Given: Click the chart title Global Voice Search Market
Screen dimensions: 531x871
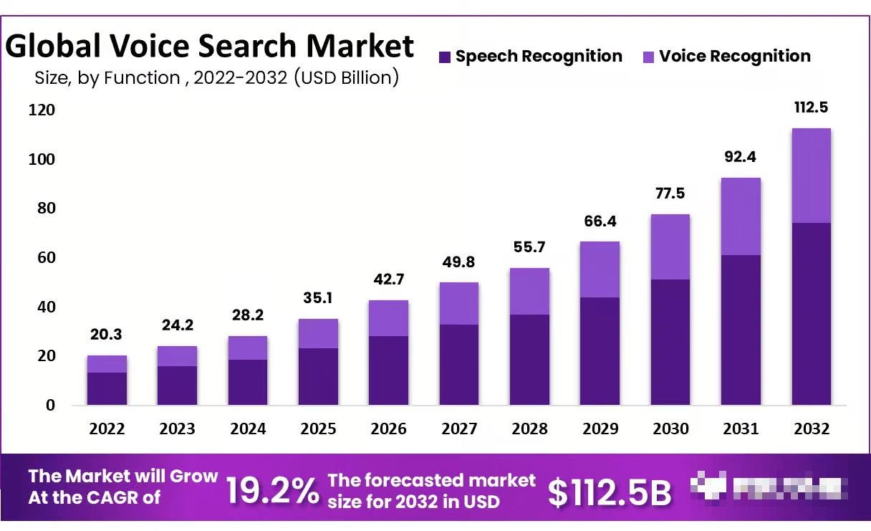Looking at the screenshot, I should [210, 46].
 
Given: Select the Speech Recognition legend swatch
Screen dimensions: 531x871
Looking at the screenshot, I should [445, 57].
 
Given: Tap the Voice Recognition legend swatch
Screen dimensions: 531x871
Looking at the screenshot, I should [649, 57].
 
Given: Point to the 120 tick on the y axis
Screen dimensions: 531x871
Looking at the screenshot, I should [42, 110].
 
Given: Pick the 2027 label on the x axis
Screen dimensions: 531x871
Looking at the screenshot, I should [459, 429].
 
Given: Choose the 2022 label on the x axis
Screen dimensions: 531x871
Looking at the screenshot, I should [107, 429].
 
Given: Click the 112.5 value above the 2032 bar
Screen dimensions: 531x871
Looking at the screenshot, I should [812, 107].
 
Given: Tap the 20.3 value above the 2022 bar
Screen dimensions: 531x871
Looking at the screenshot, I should [107, 335].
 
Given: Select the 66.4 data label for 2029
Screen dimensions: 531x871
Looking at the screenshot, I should [600, 221].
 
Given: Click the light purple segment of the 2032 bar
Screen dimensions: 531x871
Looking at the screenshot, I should [812, 176].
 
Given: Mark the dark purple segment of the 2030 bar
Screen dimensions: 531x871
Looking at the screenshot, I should [670, 342].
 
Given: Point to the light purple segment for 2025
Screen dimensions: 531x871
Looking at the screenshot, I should [318, 333].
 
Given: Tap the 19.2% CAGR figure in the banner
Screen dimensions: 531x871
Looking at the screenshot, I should [272, 491].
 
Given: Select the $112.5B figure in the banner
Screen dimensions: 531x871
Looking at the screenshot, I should [610, 492].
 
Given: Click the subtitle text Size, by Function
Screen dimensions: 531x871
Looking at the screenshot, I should [107, 77].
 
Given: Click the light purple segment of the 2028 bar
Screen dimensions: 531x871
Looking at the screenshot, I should [529, 291].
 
